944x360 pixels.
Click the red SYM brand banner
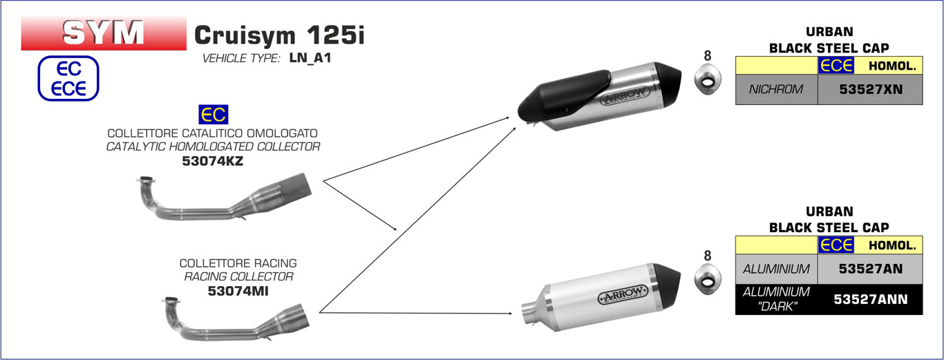coord(104,33)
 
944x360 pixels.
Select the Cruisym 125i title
coord(279,35)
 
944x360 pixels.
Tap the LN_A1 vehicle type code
coord(310,58)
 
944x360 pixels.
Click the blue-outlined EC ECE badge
coord(68,78)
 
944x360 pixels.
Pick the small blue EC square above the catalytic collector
coord(214,114)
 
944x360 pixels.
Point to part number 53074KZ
coord(213,161)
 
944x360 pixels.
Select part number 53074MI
coord(238,291)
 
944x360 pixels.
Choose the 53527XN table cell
coord(870,89)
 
